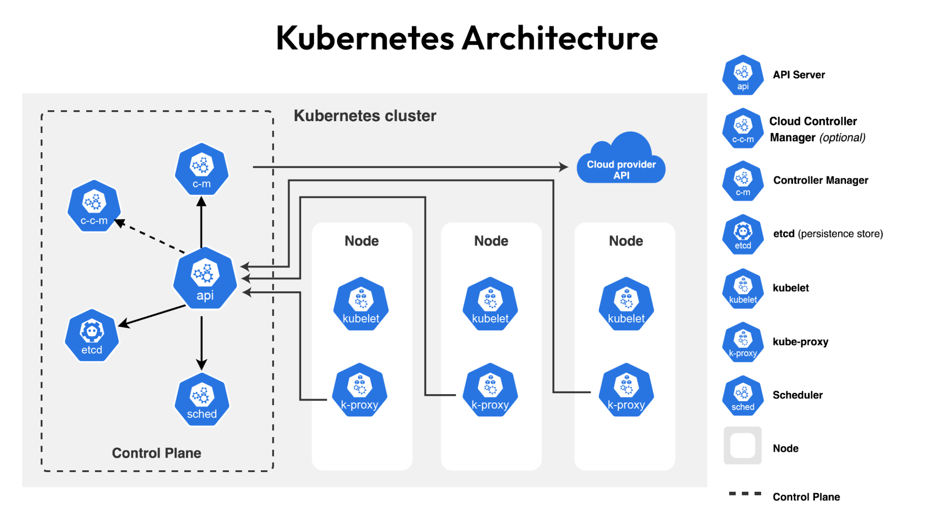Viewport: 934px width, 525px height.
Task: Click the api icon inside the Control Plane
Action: coord(205,278)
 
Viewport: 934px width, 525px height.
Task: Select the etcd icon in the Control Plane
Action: coord(92,335)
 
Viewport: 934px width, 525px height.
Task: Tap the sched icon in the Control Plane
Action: coord(202,400)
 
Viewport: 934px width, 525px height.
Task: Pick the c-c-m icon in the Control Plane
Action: coord(94,206)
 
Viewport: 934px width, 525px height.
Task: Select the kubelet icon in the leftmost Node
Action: coord(361,304)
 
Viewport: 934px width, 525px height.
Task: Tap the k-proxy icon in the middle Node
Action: coord(490,390)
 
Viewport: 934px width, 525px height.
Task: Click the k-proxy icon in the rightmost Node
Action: coord(626,390)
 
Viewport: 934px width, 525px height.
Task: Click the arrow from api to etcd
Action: coord(152,316)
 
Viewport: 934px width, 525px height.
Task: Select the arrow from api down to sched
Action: coord(202,342)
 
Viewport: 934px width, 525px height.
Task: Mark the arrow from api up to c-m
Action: coord(201,222)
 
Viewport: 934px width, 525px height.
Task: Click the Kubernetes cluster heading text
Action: coord(365,116)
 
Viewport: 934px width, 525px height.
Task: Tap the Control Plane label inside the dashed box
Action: coord(156,453)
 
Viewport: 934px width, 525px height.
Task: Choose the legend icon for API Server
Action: coord(742,75)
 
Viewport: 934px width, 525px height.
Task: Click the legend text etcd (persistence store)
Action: coord(828,234)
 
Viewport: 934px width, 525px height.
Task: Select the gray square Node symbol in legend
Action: coord(742,445)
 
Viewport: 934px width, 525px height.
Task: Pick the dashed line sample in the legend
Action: coord(745,494)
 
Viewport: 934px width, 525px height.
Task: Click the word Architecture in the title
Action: coord(560,38)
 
